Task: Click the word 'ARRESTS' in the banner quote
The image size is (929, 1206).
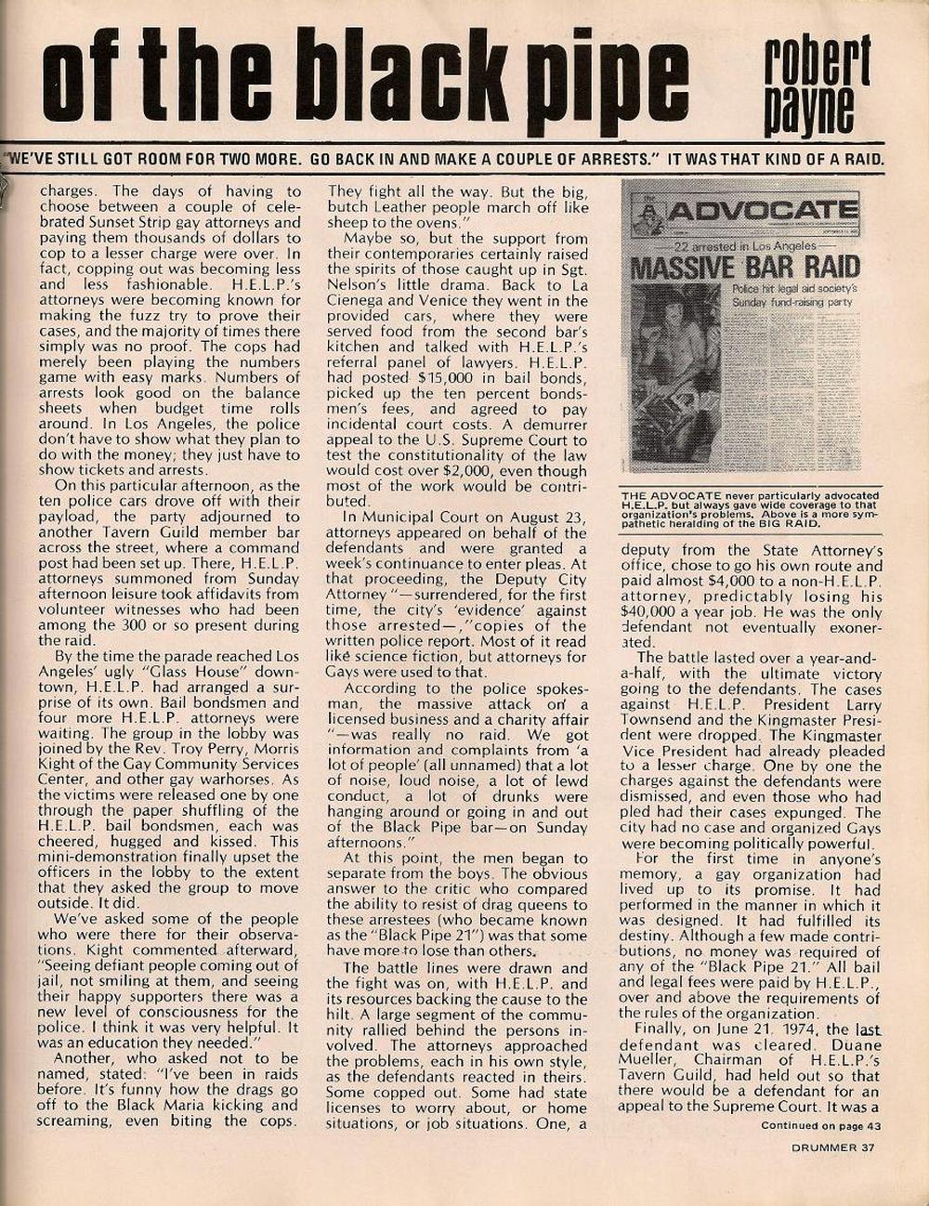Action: [616, 159]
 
